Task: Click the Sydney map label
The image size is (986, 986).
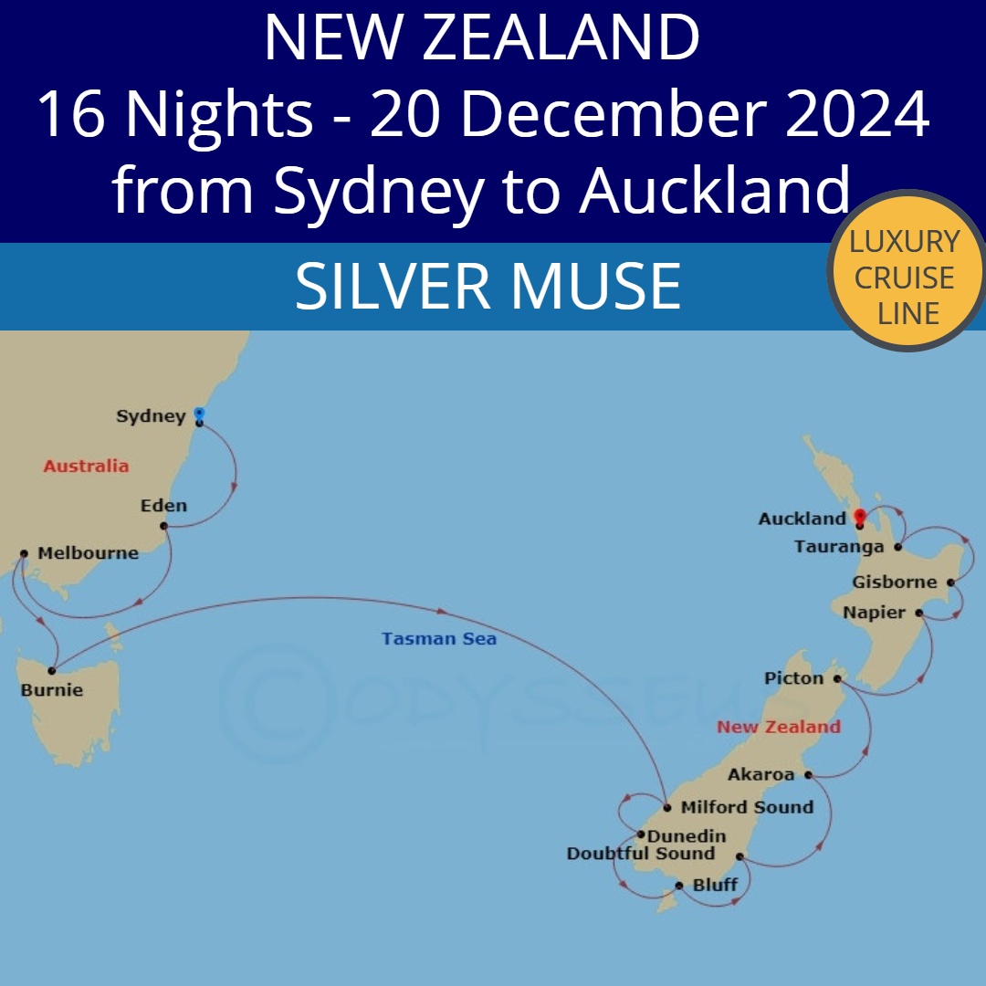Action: click(151, 417)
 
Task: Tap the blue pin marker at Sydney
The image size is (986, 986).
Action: click(199, 414)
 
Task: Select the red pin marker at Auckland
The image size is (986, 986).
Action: click(859, 517)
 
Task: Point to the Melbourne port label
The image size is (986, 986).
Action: click(88, 553)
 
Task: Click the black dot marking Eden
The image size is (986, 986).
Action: click(163, 526)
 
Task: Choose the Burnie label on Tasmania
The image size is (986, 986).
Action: click(52, 690)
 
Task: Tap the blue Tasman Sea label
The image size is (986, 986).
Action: click(439, 639)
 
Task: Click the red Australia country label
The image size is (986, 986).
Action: click(86, 467)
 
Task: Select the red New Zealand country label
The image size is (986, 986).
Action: click(779, 728)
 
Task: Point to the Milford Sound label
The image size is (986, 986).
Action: click(747, 807)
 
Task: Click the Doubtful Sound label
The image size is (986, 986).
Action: click(641, 854)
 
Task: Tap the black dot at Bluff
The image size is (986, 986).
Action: click(679, 886)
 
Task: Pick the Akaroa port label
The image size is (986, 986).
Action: click(761, 775)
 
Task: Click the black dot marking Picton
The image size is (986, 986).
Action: click(837, 678)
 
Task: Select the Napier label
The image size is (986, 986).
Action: click(875, 613)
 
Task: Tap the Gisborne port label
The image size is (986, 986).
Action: click(895, 582)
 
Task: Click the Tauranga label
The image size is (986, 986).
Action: click(839, 548)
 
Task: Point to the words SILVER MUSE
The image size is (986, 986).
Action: click(488, 286)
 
